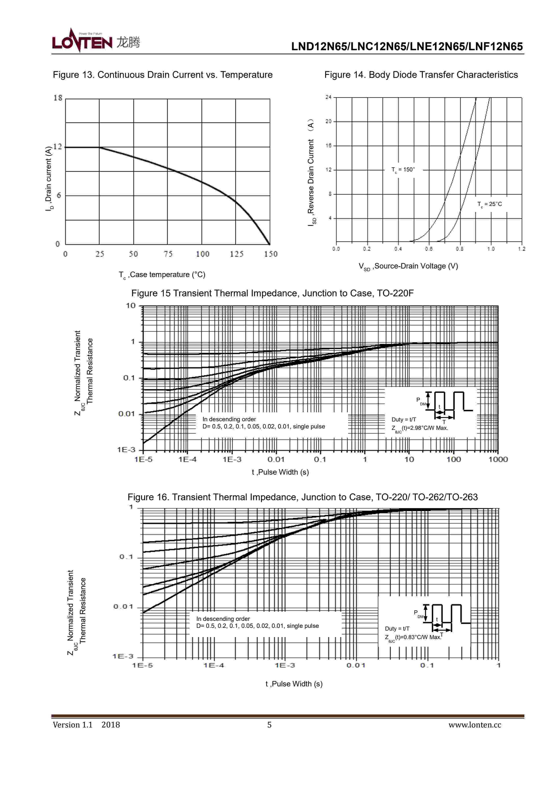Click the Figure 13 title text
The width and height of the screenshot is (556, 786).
click(163, 75)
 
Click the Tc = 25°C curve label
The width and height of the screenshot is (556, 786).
click(490, 204)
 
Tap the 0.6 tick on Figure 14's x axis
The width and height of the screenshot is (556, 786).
click(429, 249)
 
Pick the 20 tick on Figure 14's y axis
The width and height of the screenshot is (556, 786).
click(328, 122)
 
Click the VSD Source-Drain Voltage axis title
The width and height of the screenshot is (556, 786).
click(408, 266)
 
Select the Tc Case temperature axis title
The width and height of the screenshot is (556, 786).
click(162, 275)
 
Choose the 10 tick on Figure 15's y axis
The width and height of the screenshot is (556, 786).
click(131, 306)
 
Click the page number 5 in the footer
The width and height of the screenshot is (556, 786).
click(269, 725)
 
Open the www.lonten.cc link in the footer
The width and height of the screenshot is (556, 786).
click(475, 725)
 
